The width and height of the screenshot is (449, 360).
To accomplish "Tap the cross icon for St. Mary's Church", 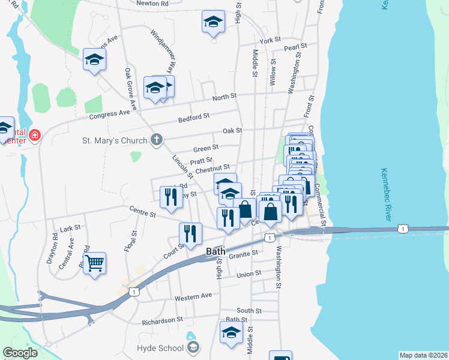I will (x=156, y=140).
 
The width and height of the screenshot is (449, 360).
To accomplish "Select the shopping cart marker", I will (x=95, y=263).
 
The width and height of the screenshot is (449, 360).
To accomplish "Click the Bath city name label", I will (x=215, y=251).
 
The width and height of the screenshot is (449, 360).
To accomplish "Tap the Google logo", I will (x=20, y=353).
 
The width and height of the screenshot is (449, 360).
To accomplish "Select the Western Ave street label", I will (x=193, y=296).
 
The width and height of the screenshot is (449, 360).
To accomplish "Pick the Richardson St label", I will (x=162, y=321).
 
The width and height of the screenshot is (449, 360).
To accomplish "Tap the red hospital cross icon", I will (x=34, y=135).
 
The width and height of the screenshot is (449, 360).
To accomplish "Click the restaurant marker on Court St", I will (x=191, y=234).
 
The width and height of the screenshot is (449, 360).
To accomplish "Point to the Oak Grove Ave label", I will (x=130, y=89).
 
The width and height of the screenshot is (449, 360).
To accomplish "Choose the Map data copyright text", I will (x=424, y=355).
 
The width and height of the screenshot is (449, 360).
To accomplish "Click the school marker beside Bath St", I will (x=231, y=333).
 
